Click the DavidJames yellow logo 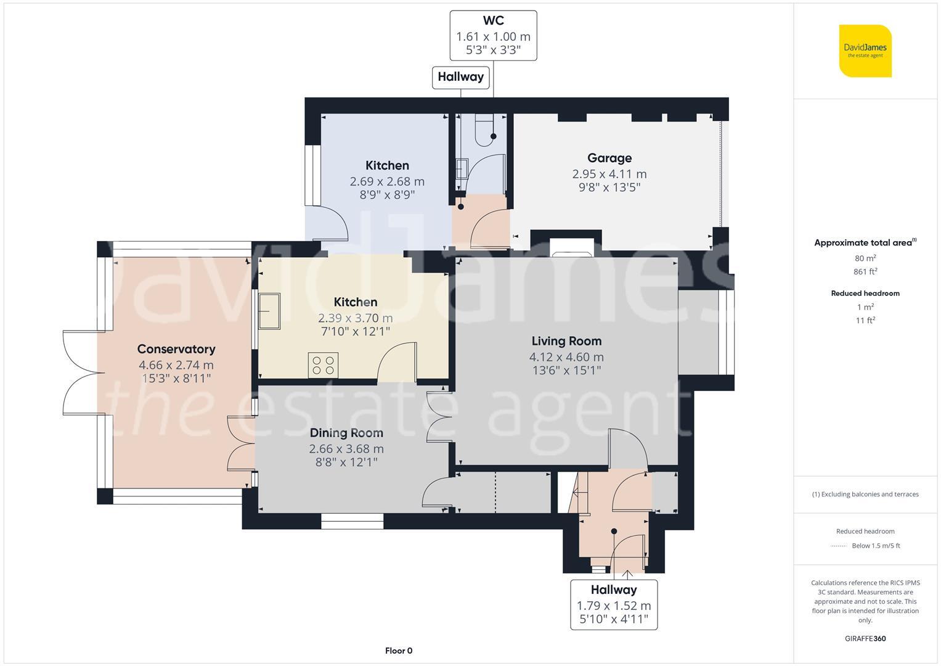pos(865,51)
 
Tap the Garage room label pos(609,158)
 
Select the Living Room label pos(566,341)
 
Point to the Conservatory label pos(176,349)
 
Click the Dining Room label pos(346,433)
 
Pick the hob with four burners pos(323,365)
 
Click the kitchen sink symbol pos(269,311)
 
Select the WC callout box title pos(493,20)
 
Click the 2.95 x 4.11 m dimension pos(609,174)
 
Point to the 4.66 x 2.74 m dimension pos(176,365)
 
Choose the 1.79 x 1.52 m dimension pos(614,606)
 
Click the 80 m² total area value pos(865,258)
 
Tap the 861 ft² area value pos(865,271)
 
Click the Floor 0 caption pos(399,651)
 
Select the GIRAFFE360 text pos(865,639)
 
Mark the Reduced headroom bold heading pos(865,294)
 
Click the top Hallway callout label pos(460,77)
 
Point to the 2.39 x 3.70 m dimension pos(355,318)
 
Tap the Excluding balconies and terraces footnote pos(865,495)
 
